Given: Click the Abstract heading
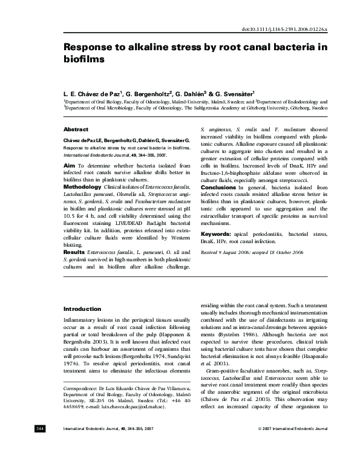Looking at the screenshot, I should pyautogui.click(x=76, y=129).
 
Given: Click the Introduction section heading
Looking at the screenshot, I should pyautogui.click(x=82, y=309).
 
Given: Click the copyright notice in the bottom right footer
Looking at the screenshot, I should pyautogui.click(x=293, y=463).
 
